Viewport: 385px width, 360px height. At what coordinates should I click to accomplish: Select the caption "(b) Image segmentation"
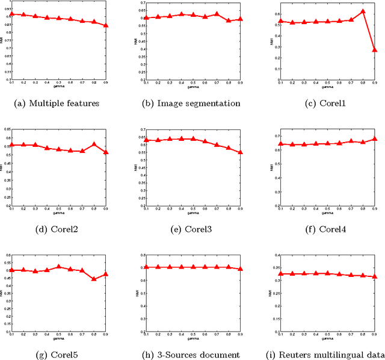(x=192, y=103)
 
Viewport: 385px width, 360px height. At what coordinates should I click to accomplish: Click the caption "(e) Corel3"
(x=192, y=229)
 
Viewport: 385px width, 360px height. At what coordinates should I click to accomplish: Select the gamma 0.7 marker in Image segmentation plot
(x=217, y=14)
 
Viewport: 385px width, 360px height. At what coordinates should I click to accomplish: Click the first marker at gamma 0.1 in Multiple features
(x=10, y=13)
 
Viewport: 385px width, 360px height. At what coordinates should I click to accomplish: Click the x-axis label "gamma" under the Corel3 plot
(x=192, y=212)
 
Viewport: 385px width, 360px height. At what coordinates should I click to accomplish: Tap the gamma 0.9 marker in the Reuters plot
(x=375, y=277)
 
